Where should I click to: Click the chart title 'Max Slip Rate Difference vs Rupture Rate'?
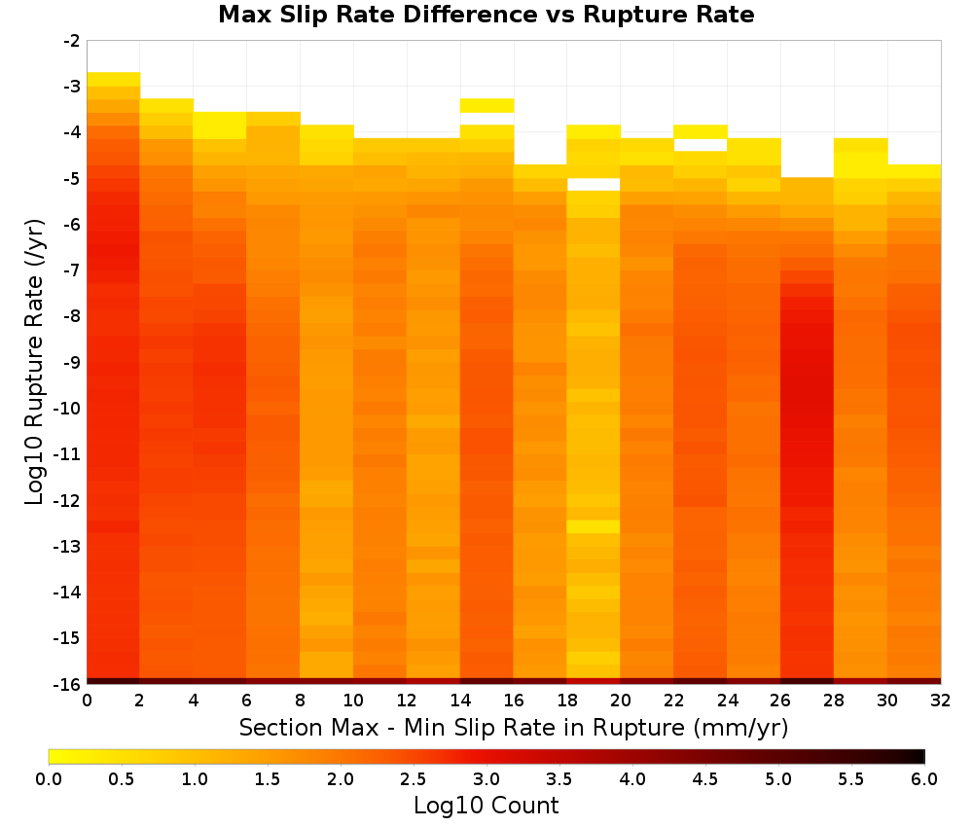point(486,15)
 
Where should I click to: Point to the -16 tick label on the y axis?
point(68,684)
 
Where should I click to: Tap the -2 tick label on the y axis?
point(72,41)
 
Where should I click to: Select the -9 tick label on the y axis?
point(72,362)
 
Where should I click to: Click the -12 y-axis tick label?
point(68,500)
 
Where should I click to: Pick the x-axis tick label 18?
point(567,701)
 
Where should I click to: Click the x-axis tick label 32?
point(941,701)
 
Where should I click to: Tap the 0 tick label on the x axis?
point(87,701)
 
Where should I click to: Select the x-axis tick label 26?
point(780,701)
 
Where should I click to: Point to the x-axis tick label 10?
point(354,701)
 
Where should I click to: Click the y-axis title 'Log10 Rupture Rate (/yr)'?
point(34,362)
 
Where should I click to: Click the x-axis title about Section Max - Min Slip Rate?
point(514,728)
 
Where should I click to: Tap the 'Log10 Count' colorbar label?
point(486,806)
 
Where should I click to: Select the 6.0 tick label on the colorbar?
point(924,779)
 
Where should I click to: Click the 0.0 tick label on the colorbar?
point(49,779)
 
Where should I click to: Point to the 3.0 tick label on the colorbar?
point(486,779)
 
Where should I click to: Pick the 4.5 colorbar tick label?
point(705,779)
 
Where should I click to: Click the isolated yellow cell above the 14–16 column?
point(487,105)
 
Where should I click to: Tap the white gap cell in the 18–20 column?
point(594,184)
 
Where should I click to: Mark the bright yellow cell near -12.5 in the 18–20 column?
point(594,526)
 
